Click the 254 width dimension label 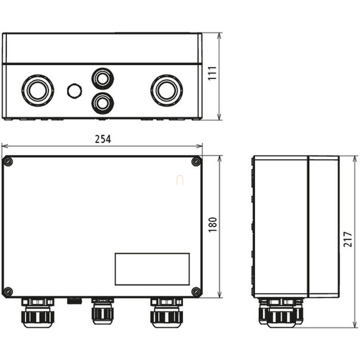[103, 139]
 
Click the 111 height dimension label [212, 74]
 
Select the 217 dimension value [346, 242]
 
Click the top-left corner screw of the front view [8, 162]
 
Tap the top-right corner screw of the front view [196, 162]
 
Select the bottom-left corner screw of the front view [8, 292]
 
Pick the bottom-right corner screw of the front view [196, 292]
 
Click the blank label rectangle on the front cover [152, 269]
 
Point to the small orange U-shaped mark [180, 180]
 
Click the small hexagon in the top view [74, 91]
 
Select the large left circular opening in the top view [38, 90]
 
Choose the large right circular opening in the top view [166, 90]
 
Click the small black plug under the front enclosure [74, 300]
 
